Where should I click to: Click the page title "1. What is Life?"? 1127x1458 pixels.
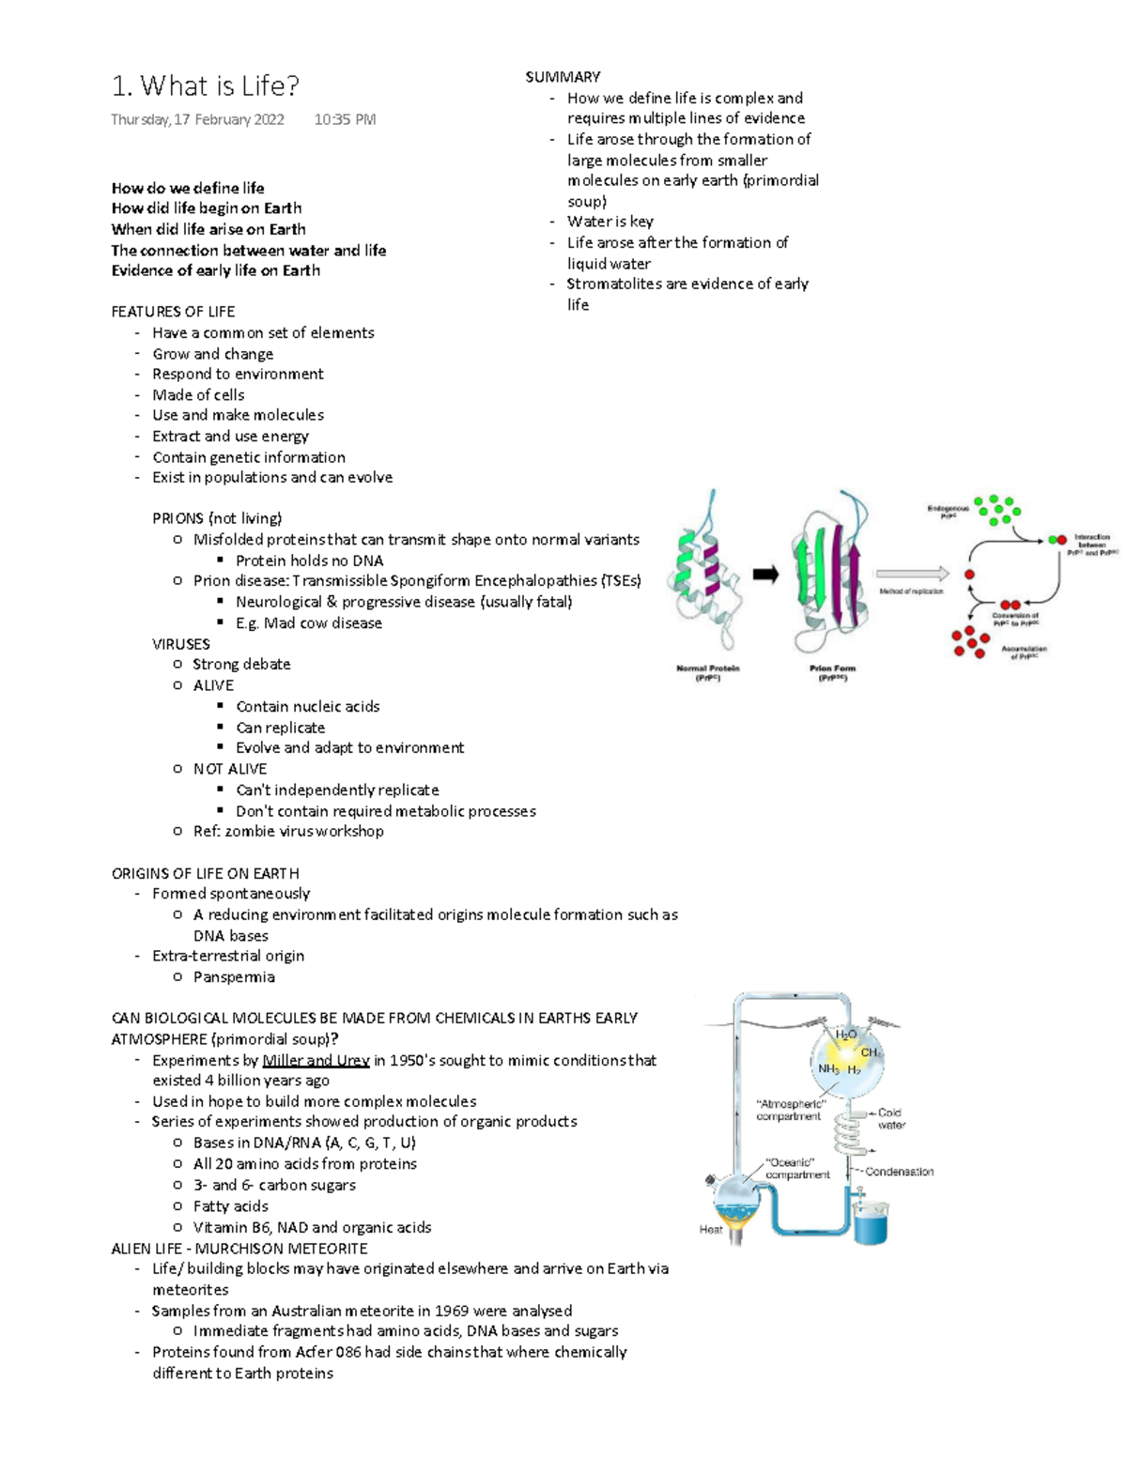coord(205,86)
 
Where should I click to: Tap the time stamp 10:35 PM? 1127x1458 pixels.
coord(345,119)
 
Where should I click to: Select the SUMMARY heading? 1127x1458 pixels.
coord(563,77)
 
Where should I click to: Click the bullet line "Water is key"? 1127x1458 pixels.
coord(610,222)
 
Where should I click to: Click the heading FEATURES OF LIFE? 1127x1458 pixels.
coord(173,312)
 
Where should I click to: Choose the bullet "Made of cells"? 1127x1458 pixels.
coord(198,395)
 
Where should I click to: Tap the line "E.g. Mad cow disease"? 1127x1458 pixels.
coord(308,623)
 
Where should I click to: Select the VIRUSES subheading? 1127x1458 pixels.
coord(180,644)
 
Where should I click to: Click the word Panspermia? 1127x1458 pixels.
coord(234,977)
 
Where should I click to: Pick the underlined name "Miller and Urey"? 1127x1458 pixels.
coord(316,1061)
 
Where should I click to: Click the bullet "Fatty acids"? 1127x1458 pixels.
coord(230,1206)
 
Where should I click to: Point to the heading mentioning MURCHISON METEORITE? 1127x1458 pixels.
coord(239,1249)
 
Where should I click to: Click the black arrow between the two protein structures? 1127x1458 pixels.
coord(765,575)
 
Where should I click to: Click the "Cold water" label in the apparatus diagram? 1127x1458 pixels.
coord(890,1118)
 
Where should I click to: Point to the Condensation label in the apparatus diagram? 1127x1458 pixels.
coord(899,1172)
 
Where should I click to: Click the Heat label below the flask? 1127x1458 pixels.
coord(711,1229)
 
